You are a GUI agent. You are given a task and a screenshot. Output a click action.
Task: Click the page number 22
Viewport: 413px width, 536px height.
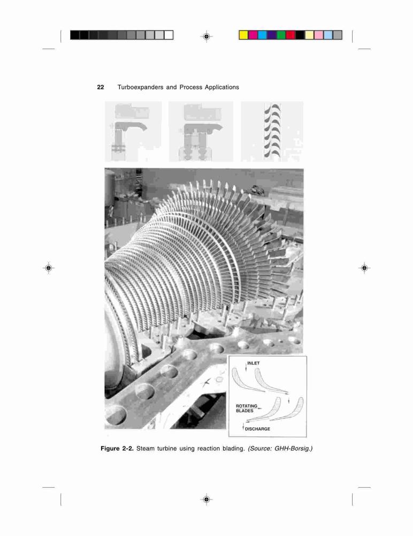point(101,87)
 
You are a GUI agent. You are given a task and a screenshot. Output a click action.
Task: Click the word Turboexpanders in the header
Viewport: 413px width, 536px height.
point(140,87)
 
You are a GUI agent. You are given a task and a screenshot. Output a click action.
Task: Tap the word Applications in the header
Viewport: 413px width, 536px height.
point(222,87)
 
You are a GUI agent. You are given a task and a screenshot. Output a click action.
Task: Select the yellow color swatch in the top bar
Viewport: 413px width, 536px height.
point(243,35)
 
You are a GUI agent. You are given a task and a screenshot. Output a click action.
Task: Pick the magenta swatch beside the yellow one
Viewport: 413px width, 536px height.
point(253,35)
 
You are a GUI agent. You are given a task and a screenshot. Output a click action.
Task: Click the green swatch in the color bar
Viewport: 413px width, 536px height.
point(281,35)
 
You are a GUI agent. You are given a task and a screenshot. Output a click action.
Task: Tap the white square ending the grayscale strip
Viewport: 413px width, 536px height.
point(169,35)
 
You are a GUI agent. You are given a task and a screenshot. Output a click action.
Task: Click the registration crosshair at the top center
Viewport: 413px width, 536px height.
point(206,36)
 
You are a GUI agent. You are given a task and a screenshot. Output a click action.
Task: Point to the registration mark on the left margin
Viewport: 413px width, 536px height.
point(49,268)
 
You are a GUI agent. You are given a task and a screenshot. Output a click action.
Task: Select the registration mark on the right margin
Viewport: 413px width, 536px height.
point(364,268)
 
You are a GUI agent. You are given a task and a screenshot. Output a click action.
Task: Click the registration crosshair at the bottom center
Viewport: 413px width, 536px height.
point(206,500)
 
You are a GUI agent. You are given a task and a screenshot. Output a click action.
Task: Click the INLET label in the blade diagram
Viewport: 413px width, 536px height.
point(253,363)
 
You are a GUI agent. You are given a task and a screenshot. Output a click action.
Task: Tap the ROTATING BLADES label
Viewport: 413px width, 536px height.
point(247,408)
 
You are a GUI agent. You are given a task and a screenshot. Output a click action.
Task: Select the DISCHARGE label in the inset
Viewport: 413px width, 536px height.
point(257,429)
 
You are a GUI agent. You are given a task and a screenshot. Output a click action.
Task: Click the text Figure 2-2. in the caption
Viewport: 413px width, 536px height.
point(117,449)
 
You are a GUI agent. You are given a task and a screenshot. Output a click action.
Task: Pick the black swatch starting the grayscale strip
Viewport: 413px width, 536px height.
point(75,35)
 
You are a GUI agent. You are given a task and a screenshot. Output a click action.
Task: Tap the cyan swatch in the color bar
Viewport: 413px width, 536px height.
point(262,35)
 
